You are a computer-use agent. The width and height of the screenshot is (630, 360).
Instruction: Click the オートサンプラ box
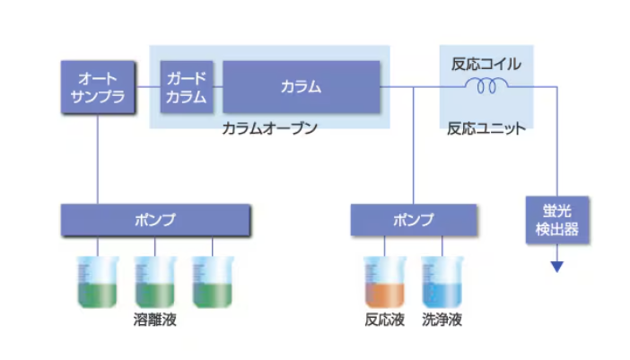(97, 86)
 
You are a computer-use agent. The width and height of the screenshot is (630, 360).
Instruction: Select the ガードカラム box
(186, 86)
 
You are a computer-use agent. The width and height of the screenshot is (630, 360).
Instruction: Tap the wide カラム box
(301, 86)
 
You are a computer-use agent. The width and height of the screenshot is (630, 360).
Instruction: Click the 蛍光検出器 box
(557, 220)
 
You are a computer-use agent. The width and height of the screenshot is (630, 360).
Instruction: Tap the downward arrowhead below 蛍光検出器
(557, 266)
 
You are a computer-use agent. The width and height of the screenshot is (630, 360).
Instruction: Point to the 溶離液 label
(155, 320)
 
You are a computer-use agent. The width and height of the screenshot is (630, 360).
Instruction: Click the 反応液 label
(385, 320)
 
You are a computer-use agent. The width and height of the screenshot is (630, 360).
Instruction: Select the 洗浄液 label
(442, 320)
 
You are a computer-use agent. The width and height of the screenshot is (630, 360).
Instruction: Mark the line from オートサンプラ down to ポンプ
(97, 157)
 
